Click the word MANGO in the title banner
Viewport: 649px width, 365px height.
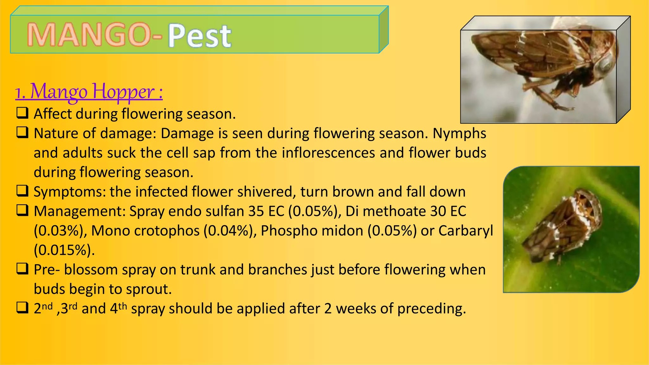coord(89,35)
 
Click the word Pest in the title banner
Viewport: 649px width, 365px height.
coord(199,35)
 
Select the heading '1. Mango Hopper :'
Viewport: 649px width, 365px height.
coord(89,92)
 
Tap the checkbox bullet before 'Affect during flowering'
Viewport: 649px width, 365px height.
coord(22,113)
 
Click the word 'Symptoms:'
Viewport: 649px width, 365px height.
coord(70,192)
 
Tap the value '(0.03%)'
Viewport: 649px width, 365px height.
coord(60,231)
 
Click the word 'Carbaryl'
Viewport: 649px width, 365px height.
coord(466,231)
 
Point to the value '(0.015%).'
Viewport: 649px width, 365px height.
coord(64,250)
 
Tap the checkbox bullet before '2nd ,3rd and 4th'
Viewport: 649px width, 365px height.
coord(22,308)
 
